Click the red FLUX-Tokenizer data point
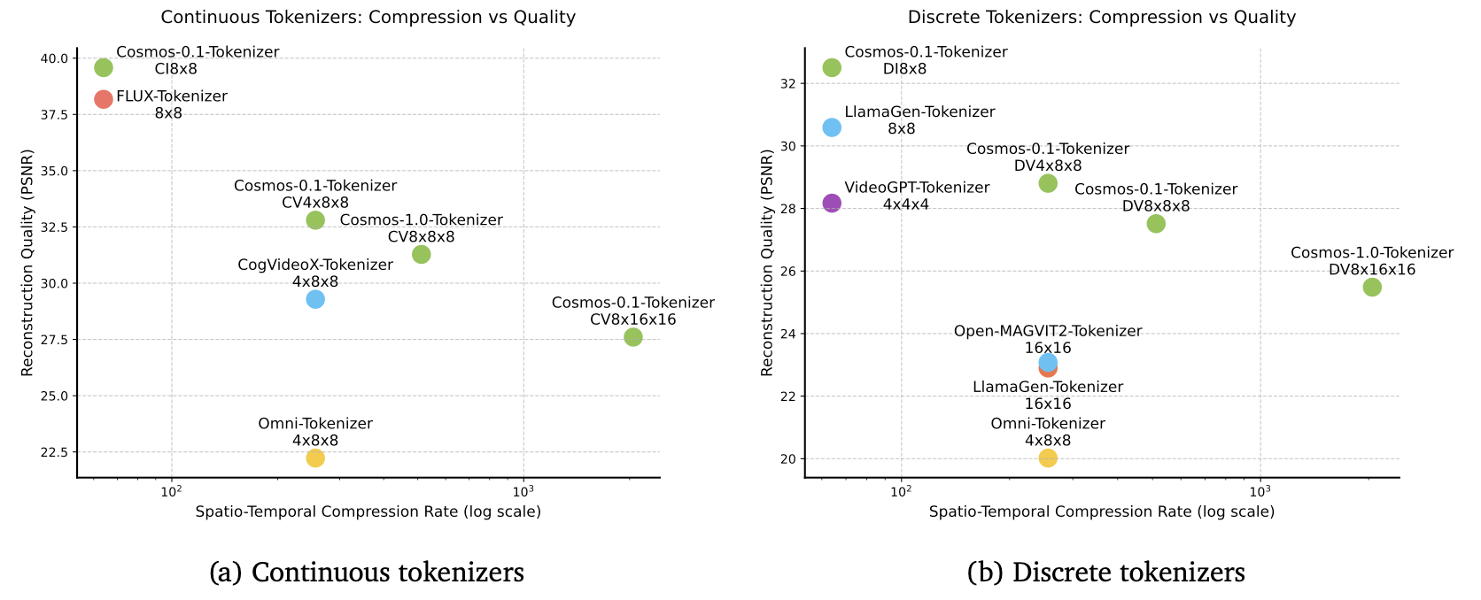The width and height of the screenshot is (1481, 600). point(104,99)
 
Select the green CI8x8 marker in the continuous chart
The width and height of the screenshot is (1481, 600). point(104,67)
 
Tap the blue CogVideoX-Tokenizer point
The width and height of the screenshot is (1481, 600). point(315,299)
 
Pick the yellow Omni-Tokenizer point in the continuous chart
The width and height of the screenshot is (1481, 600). point(315,458)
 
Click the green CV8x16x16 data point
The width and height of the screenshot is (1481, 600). point(632,337)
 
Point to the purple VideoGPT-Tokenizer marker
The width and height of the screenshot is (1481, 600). point(832,203)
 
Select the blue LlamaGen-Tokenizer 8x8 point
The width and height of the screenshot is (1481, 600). point(832,127)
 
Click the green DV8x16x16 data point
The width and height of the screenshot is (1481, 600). point(1372,287)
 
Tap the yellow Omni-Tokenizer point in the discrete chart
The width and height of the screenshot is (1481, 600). point(1048,458)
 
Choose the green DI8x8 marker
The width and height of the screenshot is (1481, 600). point(832,67)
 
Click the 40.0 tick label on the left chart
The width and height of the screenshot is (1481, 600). point(53,58)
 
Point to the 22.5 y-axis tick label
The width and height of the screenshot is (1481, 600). point(53,452)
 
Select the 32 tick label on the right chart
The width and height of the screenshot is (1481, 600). point(787,84)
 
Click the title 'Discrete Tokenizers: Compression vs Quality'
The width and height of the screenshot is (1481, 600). point(1102,17)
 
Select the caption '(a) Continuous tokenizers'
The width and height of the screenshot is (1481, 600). point(367,573)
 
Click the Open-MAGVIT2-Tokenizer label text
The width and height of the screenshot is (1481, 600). point(1048,331)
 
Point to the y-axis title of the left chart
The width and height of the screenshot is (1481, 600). point(27,262)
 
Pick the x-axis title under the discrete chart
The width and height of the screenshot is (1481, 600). point(1102,512)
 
